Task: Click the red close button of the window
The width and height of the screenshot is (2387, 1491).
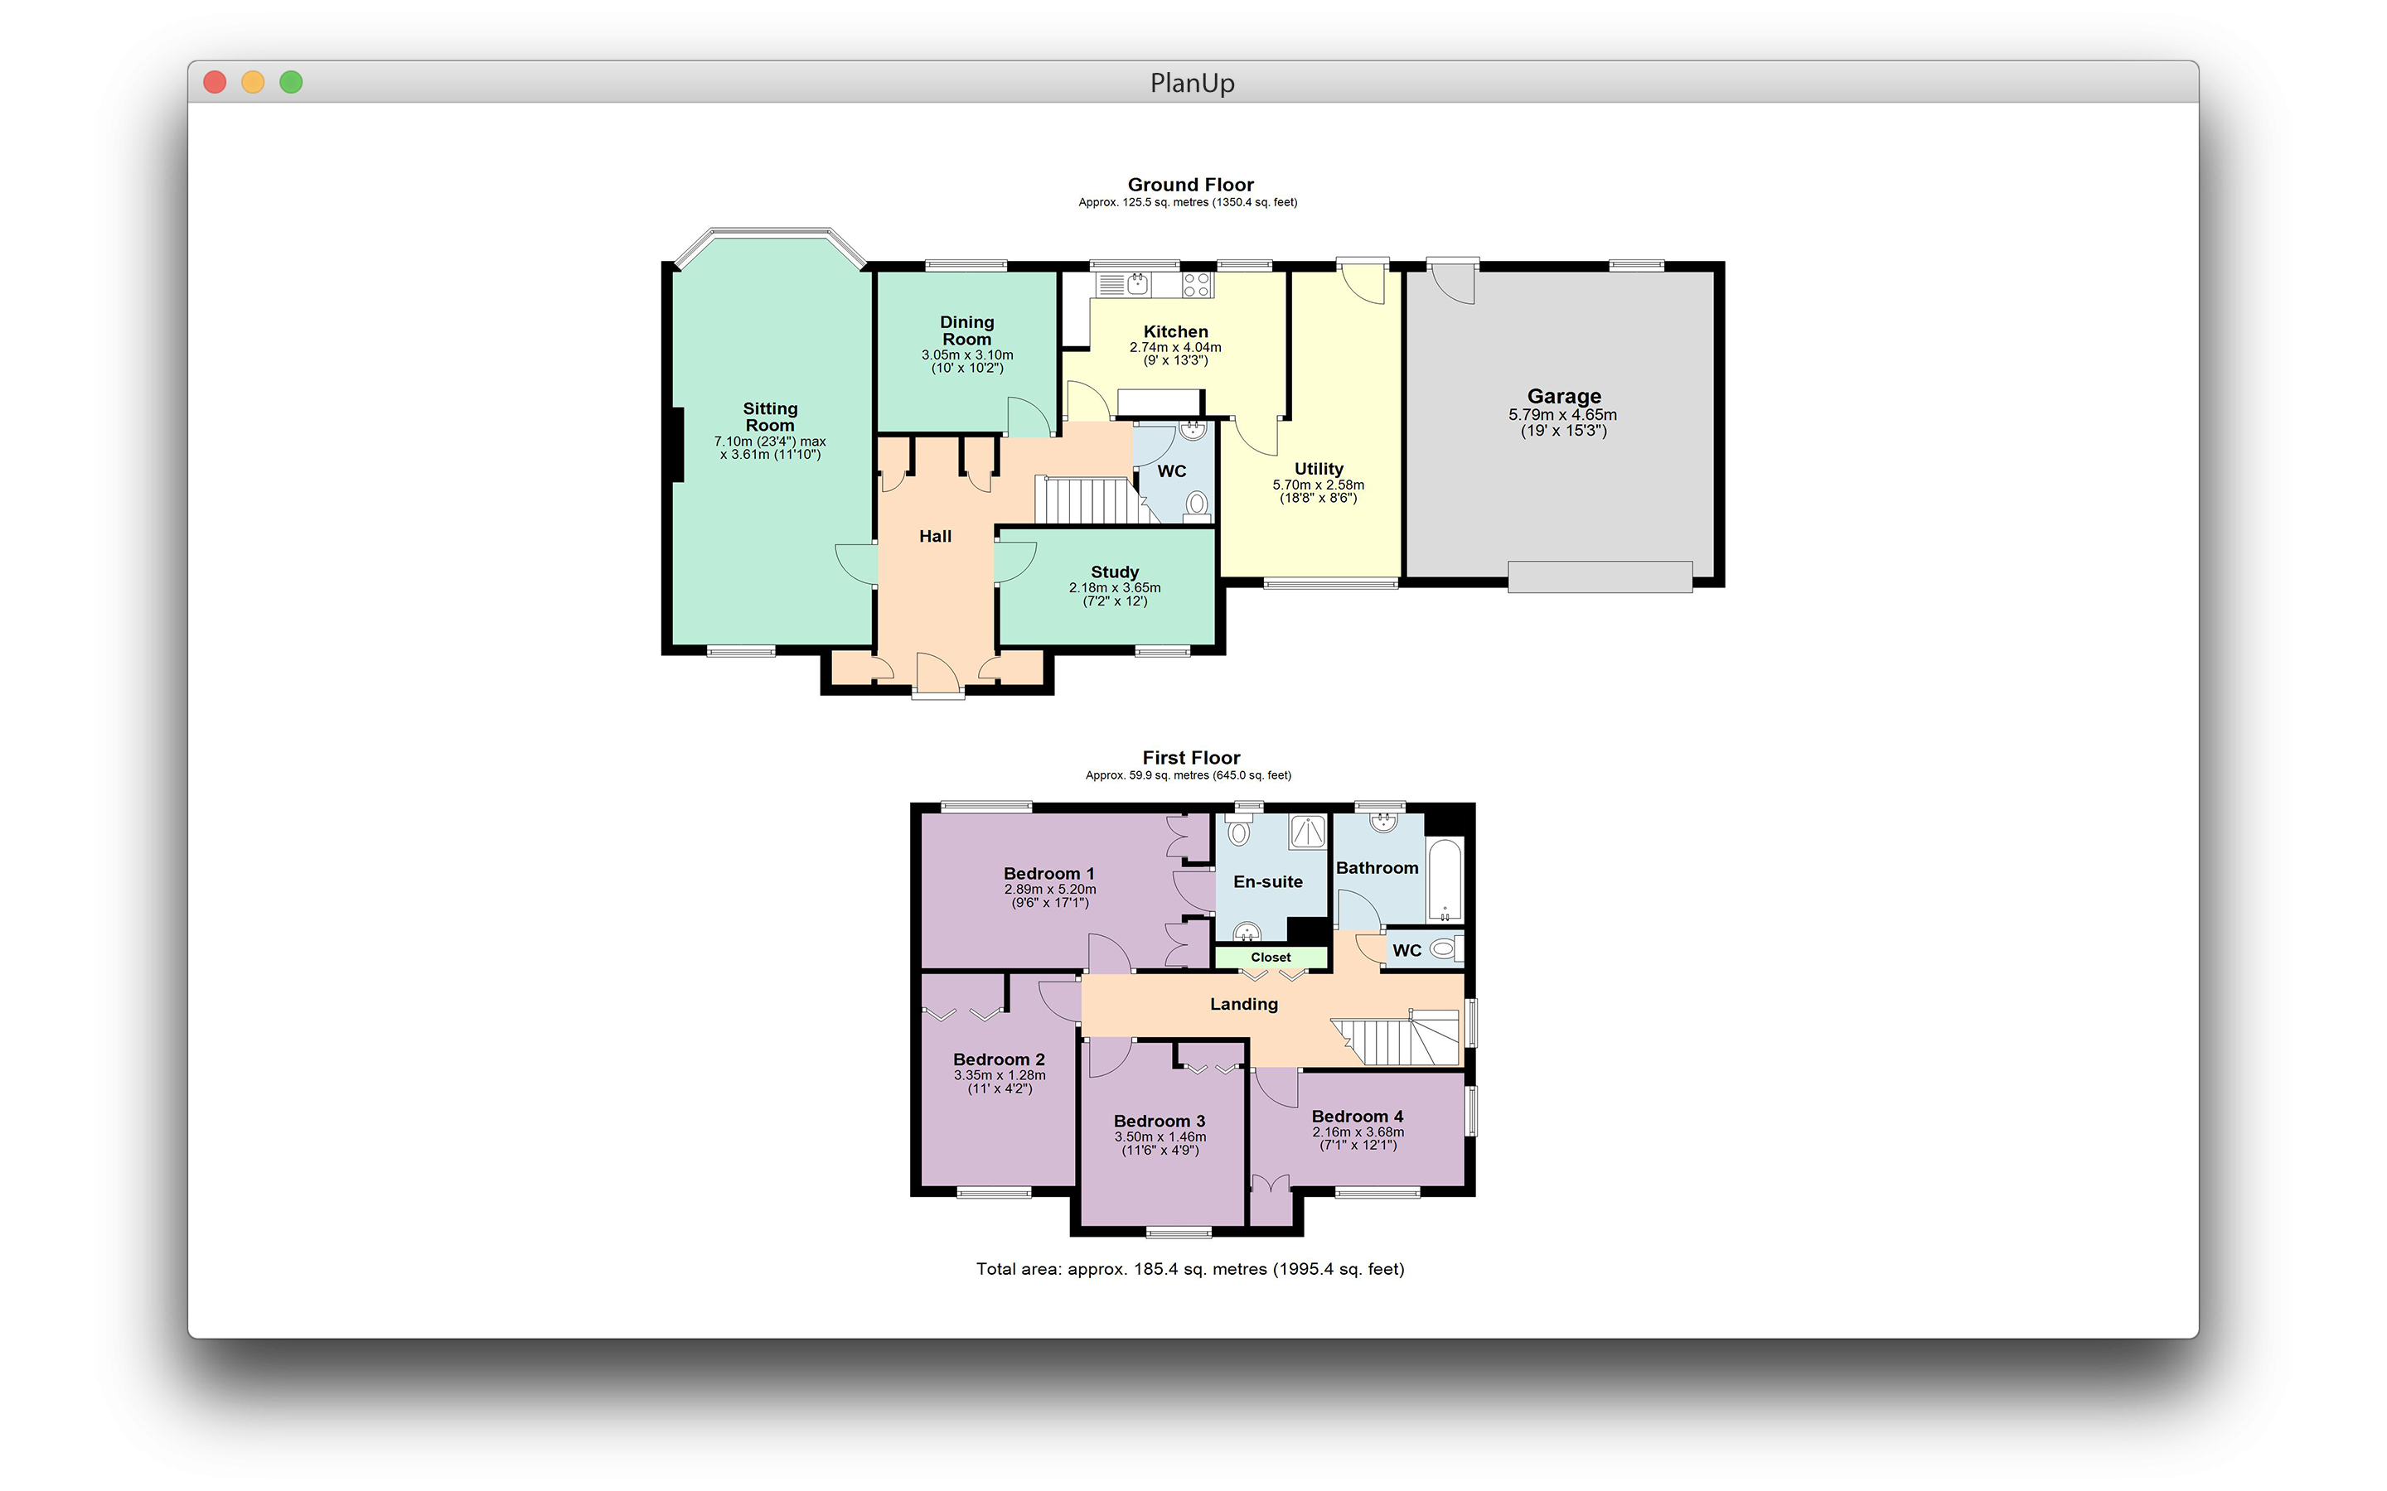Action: pyautogui.click(x=214, y=82)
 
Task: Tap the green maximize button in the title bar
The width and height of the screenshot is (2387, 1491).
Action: pyautogui.click(x=291, y=82)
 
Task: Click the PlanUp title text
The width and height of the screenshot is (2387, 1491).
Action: pyautogui.click(x=1193, y=83)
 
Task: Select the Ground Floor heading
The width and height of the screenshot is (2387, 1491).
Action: pyautogui.click(x=1190, y=185)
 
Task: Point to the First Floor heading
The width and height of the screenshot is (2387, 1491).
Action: pyautogui.click(x=1190, y=757)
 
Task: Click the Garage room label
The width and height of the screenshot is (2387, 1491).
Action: pyautogui.click(x=1563, y=397)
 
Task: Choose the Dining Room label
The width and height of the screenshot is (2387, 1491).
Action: pyautogui.click(x=966, y=331)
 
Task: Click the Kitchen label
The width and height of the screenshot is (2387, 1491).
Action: pyautogui.click(x=1176, y=331)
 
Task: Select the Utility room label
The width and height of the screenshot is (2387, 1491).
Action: pyautogui.click(x=1319, y=468)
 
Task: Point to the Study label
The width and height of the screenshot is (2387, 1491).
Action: pyautogui.click(x=1115, y=572)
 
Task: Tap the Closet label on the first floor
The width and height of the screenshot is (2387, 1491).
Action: pyautogui.click(x=1271, y=958)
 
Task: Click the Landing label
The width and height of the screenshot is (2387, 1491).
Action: pyautogui.click(x=1244, y=1004)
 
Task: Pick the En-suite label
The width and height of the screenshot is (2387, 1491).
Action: pyautogui.click(x=1267, y=881)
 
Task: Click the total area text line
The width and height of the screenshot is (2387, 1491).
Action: pyautogui.click(x=1190, y=1269)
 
